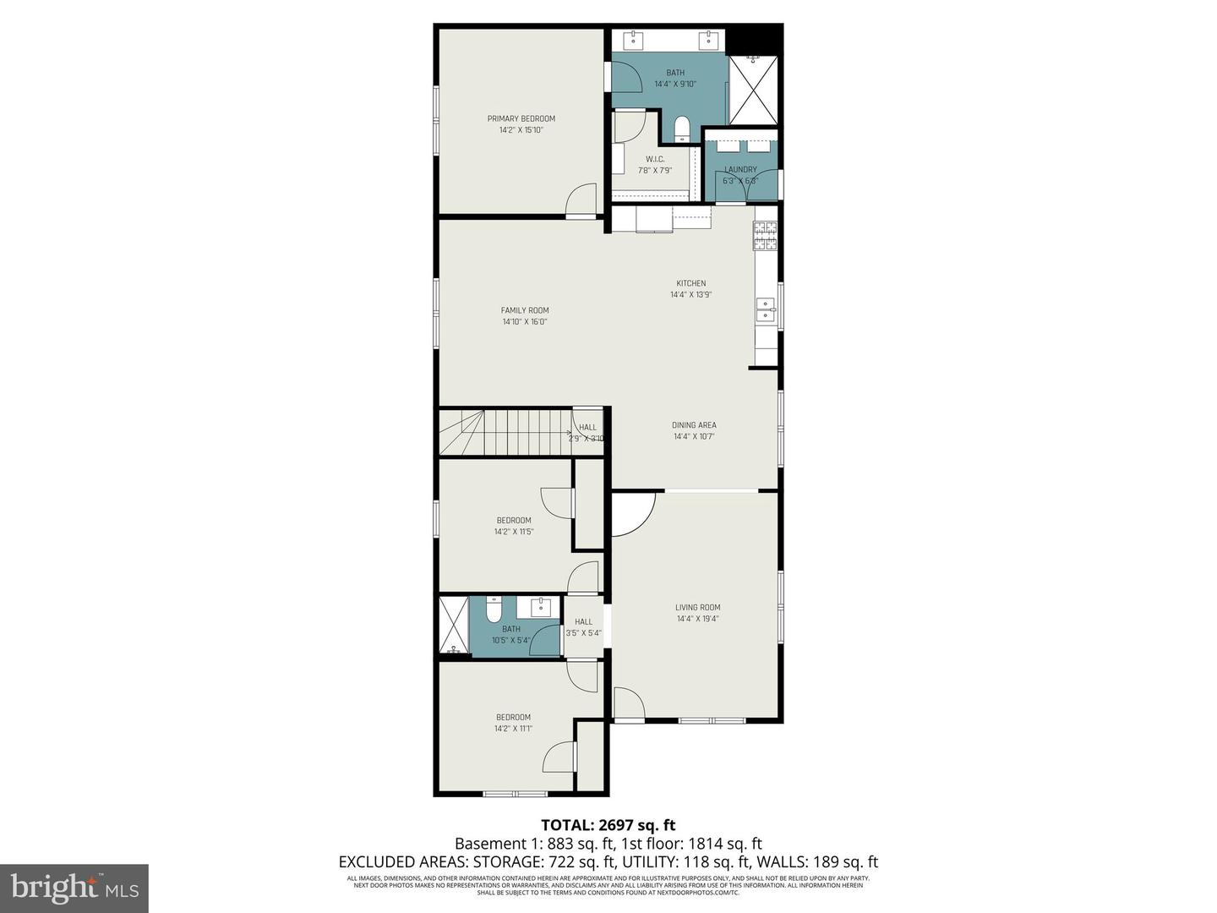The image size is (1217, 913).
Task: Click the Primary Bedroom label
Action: (x=521, y=118)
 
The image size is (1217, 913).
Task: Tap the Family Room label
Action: (x=525, y=310)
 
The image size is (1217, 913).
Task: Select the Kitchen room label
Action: (x=690, y=283)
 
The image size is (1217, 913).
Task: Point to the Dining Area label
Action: (x=694, y=425)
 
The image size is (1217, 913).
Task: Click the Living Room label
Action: (x=697, y=607)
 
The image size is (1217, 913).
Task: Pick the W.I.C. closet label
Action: (x=655, y=159)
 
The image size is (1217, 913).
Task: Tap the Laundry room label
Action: (x=740, y=169)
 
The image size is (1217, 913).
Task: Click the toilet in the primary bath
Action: (x=682, y=128)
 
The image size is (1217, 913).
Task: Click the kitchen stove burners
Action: (x=765, y=236)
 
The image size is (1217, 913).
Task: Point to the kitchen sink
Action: (x=766, y=309)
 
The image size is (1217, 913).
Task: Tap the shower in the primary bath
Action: (x=752, y=90)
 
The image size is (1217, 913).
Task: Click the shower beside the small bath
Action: (x=453, y=625)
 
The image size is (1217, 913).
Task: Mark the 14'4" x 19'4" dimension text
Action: (x=697, y=619)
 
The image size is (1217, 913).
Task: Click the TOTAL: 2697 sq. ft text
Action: (x=608, y=825)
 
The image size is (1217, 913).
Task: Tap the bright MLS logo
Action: (x=74, y=888)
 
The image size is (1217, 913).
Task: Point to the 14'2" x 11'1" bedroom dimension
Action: (x=513, y=729)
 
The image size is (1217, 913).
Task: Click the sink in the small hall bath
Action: (x=539, y=606)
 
